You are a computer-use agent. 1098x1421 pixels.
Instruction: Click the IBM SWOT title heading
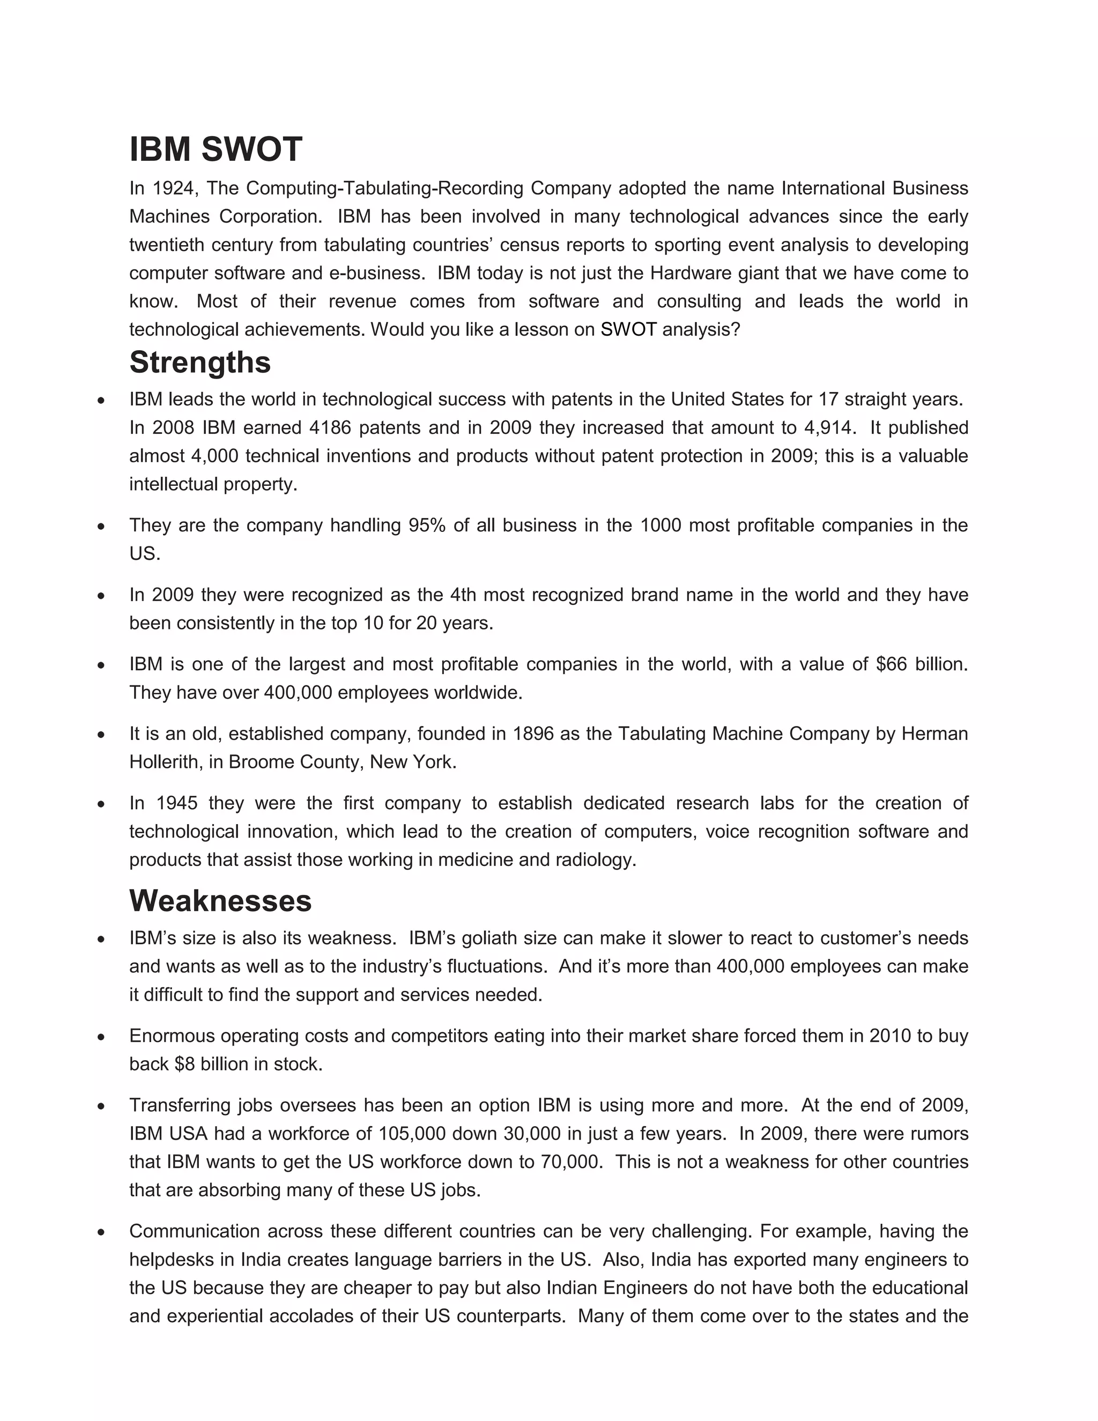pyautogui.click(x=216, y=150)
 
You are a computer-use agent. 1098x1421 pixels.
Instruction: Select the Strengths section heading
pyautogui.click(x=199, y=362)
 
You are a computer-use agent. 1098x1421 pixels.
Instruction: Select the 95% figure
pyautogui.click(x=427, y=525)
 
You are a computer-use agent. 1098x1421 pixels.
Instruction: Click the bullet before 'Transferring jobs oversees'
pyautogui.click(x=101, y=1106)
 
